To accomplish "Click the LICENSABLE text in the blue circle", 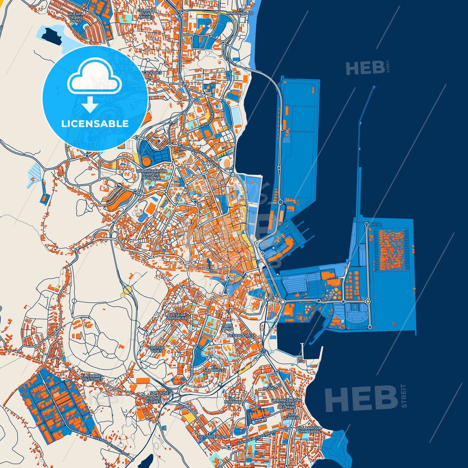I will tap(95, 124).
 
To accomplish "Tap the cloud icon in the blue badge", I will tap(94, 78).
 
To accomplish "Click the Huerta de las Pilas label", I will tap(76, 17).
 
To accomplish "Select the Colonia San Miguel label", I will tap(146, 13).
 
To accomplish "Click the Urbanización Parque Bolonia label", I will tap(151, 174).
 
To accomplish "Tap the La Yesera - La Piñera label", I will tap(176, 316).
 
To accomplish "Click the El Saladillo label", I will tap(214, 368).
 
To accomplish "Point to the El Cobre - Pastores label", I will tap(92, 378).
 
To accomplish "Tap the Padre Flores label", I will tap(154, 400).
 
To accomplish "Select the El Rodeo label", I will tap(270, 386).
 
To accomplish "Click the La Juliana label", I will tap(234, 400).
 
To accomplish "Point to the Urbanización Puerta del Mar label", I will tap(286, 404).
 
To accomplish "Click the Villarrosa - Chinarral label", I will tap(309, 430).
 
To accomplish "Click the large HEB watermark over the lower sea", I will tap(361, 398).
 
